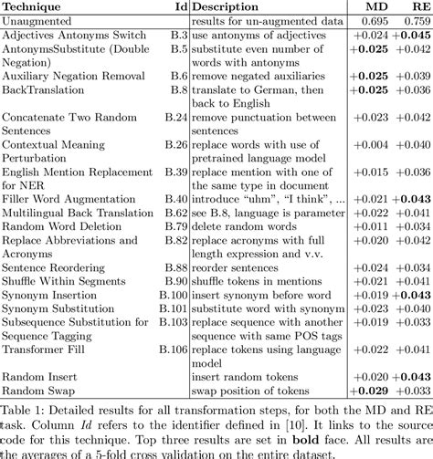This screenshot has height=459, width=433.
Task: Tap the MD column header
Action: pos(369,7)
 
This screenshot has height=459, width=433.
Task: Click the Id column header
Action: pos(179,7)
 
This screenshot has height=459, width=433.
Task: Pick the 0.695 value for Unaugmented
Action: pos(369,21)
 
